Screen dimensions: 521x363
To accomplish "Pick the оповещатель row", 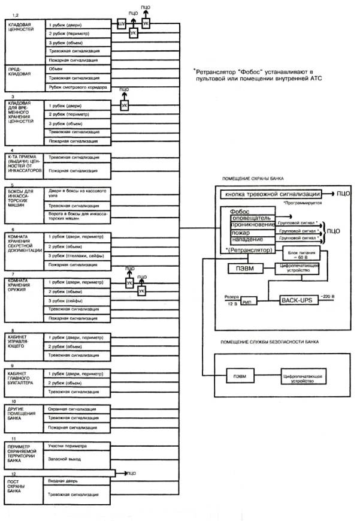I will pyautogui.click(x=250, y=218).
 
